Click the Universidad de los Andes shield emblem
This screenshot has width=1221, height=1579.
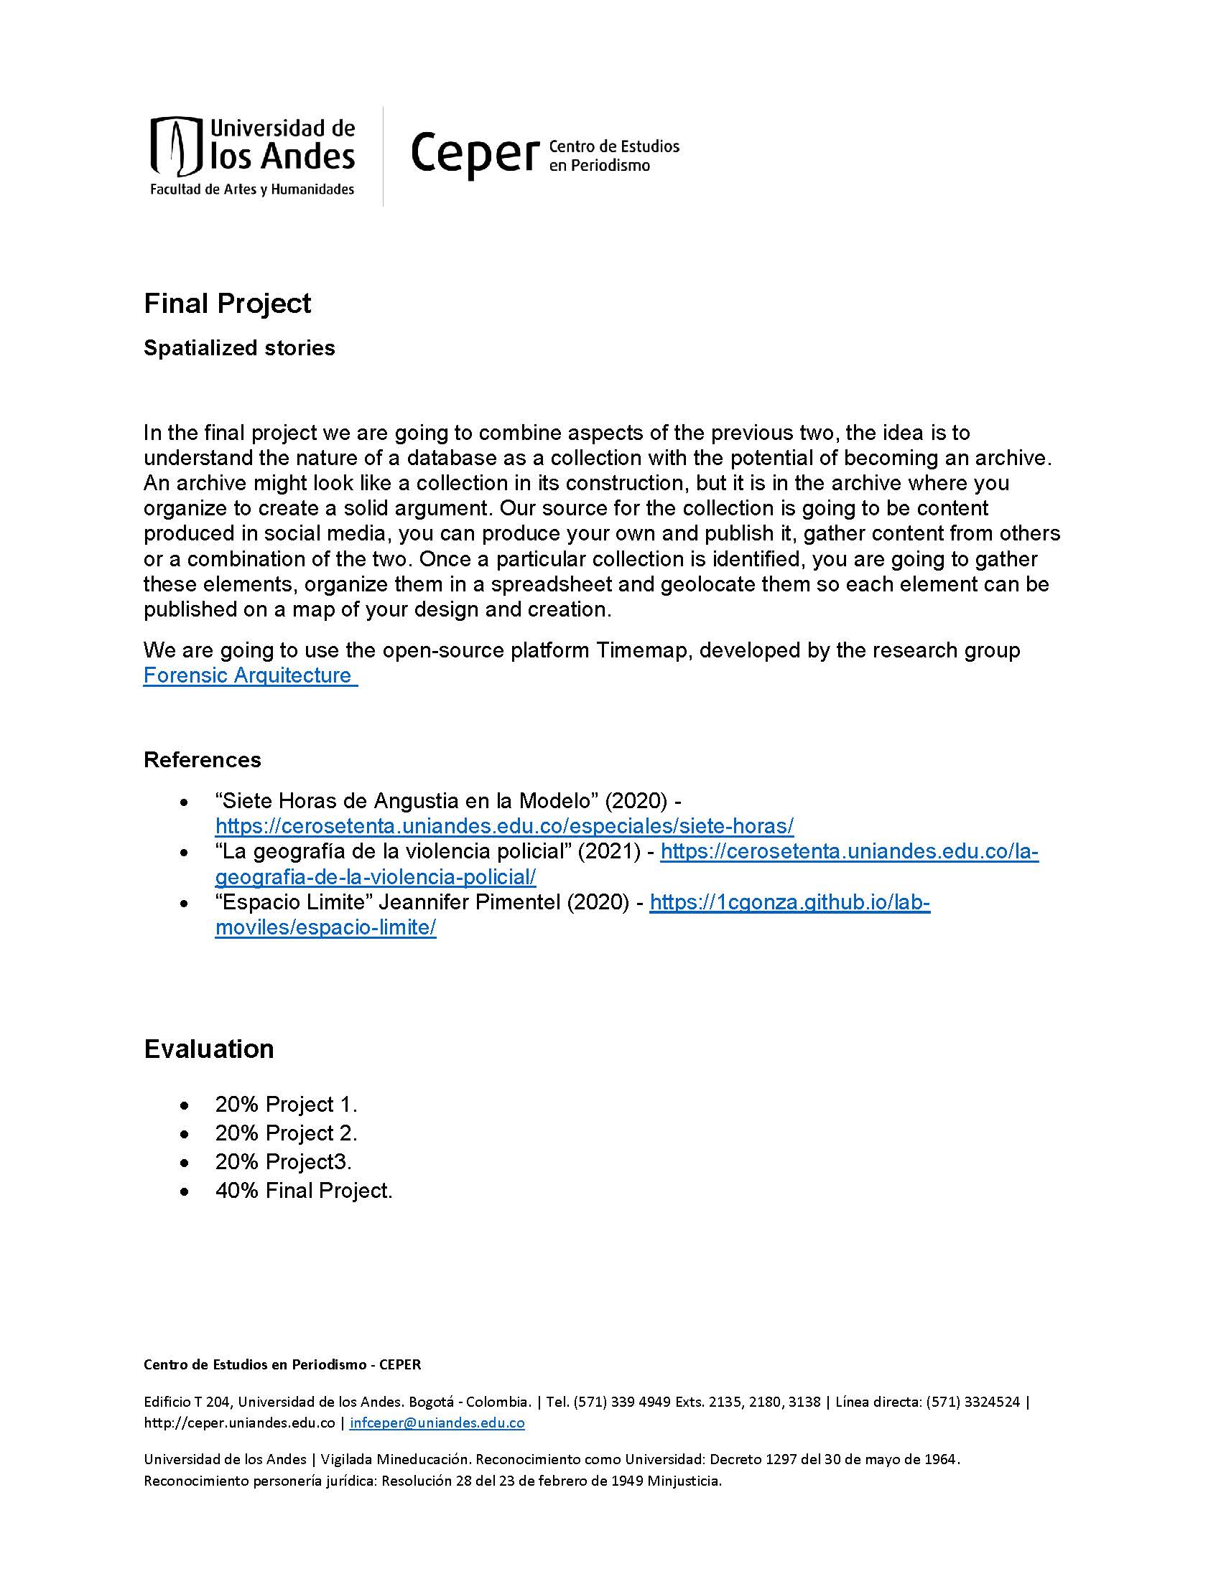tap(175, 146)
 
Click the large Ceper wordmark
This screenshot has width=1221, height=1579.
tap(475, 153)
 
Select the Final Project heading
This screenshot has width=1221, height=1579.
tap(227, 304)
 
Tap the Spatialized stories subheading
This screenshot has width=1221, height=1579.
tap(238, 348)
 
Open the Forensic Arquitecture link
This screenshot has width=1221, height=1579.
tap(249, 675)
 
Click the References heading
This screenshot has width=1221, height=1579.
tap(202, 759)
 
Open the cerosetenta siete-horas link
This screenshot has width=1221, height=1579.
tap(504, 825)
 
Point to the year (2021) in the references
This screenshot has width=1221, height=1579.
tap(609, 852)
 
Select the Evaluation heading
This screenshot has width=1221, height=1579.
tap(208, 1049)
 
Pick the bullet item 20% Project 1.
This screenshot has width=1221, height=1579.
tap(286, 1105)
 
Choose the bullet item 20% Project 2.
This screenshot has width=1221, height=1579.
tap(286, 1133)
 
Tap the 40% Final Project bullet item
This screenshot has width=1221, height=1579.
tap(303, 1190)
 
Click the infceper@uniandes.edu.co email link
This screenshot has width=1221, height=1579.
tap(437, 1423)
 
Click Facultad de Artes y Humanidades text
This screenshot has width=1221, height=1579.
tap(251, 189)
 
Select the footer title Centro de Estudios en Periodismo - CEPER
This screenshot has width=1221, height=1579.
tap(282, 1365)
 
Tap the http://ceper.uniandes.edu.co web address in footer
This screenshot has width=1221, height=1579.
tap(238, 1423)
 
